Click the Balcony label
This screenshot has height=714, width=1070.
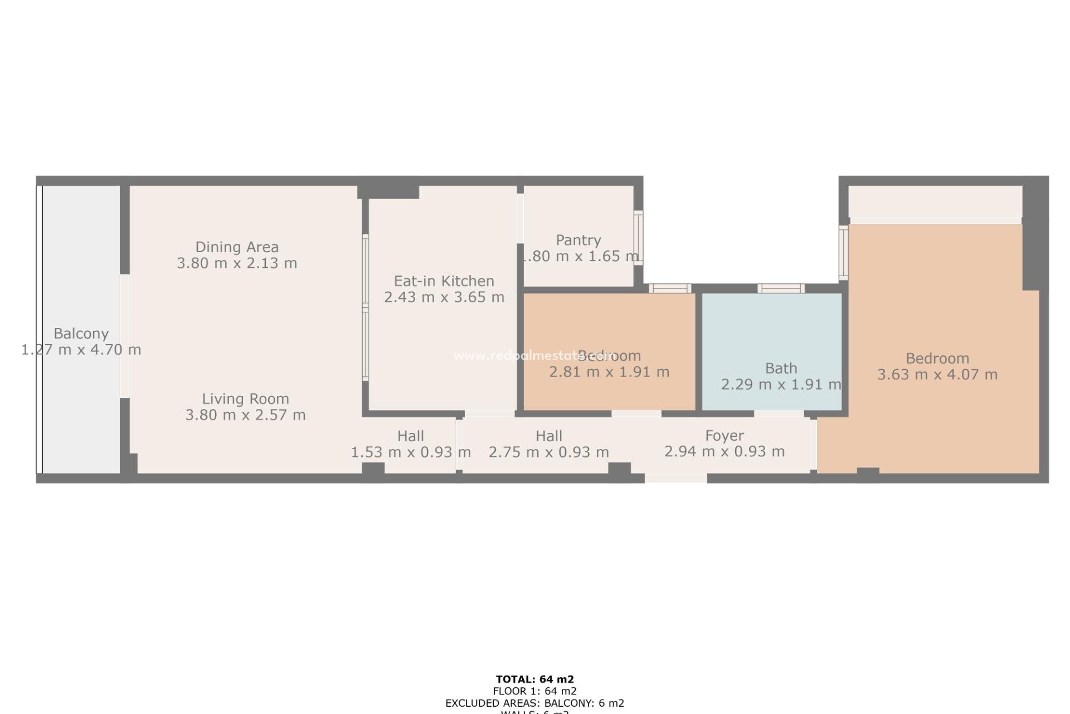81,334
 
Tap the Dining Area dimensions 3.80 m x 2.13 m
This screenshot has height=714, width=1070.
237,263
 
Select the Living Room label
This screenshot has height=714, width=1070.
245,399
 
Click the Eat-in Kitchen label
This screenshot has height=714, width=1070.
444,281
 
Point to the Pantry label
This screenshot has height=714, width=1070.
578,240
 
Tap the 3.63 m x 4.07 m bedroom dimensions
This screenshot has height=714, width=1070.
937,375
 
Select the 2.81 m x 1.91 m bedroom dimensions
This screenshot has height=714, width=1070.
609,372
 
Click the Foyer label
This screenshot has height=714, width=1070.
724,436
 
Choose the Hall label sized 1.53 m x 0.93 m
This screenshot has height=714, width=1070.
410,436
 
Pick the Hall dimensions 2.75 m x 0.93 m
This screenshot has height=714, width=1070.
548,452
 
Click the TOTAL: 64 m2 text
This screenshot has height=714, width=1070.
534,679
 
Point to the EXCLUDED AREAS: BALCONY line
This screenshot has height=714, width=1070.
534,703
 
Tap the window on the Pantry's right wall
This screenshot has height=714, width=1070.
638,238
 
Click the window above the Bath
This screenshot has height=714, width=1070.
780,288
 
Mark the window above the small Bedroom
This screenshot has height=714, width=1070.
670,288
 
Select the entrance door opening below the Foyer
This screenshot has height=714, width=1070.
675,479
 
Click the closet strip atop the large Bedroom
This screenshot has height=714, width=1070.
935,202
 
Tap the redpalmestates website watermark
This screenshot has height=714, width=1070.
534,356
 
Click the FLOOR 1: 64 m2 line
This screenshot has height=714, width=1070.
534,692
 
